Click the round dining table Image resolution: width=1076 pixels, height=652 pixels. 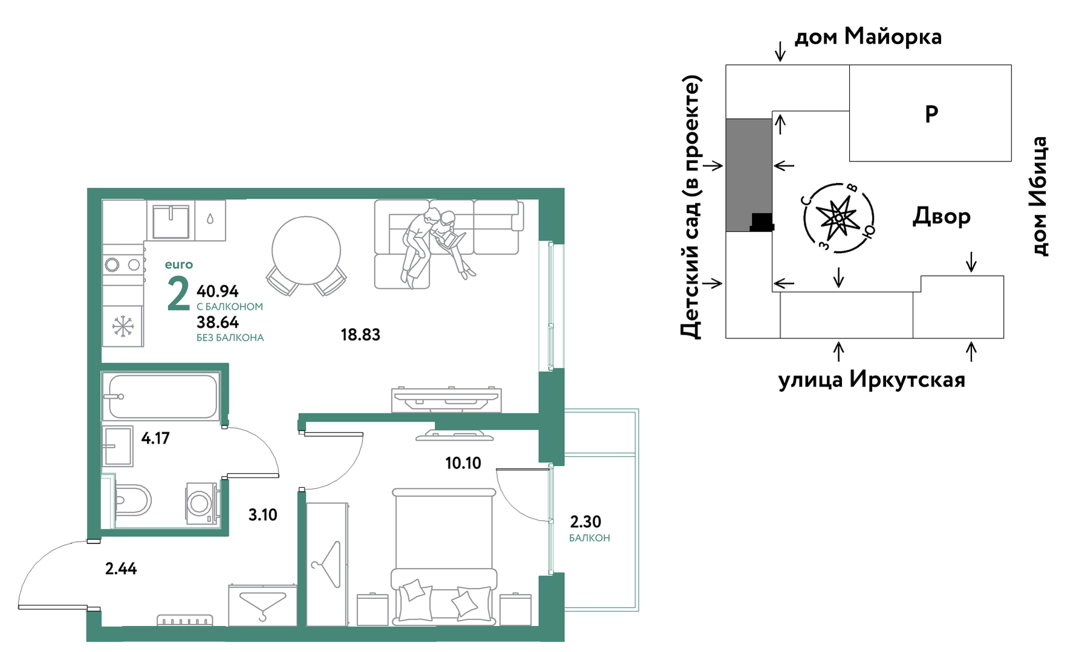click(306, 251)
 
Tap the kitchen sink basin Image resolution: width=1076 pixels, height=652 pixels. click(171, 221)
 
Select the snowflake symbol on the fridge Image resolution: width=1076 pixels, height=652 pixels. click(123, 326)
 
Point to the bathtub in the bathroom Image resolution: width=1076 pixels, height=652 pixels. click(161, 396)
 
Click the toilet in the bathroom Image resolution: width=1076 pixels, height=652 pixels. click(132, 500)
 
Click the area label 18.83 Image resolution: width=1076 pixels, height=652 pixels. click(360, 335)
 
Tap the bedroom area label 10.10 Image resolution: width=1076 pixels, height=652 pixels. click(463, 463)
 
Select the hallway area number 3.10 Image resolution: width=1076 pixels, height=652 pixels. click(262, 515)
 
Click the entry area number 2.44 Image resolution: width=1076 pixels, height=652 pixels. click(121, 569)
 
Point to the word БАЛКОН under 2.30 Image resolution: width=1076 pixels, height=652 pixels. click(590, 538)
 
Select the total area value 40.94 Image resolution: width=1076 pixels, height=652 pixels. click(218, 291)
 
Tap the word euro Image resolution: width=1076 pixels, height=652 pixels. click(179, 265)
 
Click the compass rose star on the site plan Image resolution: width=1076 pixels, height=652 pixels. click(838, 218)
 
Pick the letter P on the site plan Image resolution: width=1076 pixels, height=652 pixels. click(931, 114)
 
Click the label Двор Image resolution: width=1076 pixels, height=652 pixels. click(942, 216)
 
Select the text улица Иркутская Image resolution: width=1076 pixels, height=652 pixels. click(872, 379)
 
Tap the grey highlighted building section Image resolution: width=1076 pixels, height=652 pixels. click(749, 175)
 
